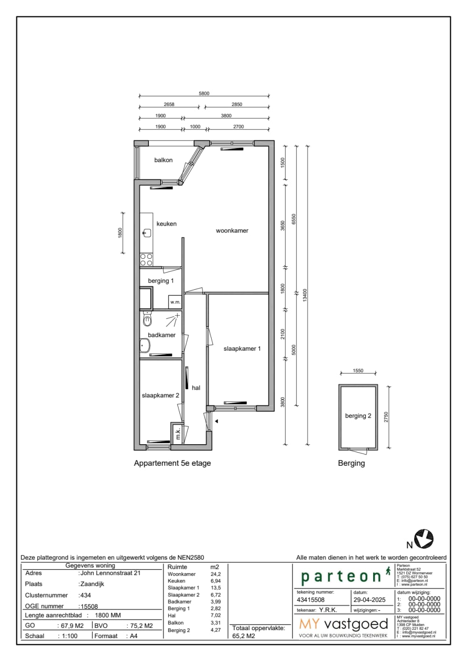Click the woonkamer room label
pos(232,230)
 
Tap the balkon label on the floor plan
pos(163,160)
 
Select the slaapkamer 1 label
pos(242,348)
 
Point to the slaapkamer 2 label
pos(160,395)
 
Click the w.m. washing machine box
pos(175,302)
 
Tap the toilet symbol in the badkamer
pos(148,320)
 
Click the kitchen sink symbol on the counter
pos(147,233)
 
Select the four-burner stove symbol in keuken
pos(146,260)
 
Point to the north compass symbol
pos(424,539)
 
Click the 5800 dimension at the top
pos(204,93)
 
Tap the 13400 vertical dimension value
pos(305,294)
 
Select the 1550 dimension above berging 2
pos(358,371)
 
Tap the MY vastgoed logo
pos(344,625)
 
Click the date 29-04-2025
pos(369,600)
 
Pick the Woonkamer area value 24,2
pos(216,574)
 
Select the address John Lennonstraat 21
pos(110,573)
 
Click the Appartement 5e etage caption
pos(172,463)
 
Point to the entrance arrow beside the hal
pos(216,421)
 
